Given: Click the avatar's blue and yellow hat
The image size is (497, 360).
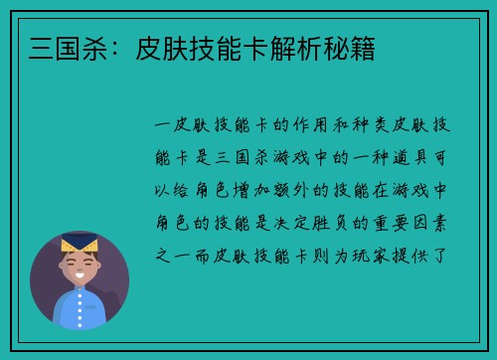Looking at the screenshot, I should [x=79, y=242].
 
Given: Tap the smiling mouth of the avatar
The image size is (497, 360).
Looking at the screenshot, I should [x=79, y=273].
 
